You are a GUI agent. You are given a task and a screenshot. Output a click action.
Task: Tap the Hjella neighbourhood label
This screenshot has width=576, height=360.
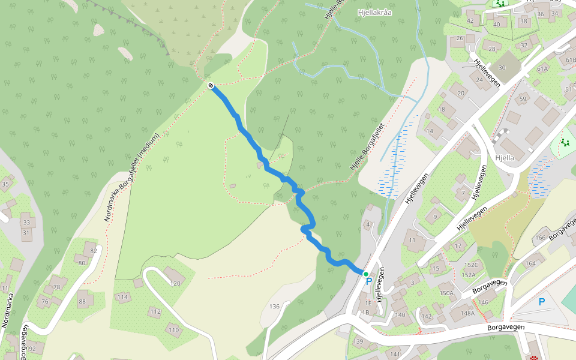(506, 158)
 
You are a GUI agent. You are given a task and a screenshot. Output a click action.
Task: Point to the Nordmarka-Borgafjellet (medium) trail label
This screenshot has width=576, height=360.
(132, 177)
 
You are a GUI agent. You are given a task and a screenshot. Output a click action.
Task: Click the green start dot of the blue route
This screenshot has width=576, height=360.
(365, 274)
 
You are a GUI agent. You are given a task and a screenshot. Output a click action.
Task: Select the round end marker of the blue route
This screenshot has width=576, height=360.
(211, 85)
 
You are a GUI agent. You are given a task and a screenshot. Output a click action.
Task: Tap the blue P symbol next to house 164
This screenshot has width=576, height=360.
(542, 302)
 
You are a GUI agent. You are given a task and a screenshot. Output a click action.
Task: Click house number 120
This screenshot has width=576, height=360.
(175, 283)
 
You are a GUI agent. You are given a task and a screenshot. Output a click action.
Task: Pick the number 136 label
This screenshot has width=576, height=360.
(275, 307)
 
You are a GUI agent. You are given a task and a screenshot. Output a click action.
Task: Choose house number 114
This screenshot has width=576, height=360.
(122, 297)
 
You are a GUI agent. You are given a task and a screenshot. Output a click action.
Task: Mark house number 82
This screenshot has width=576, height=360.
(93, 251)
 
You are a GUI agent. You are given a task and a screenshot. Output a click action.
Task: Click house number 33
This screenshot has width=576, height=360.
(26, 222)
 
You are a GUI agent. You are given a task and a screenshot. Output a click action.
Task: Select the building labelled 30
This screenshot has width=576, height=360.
(502, 68)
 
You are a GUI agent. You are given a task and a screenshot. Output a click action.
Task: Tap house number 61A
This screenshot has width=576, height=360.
(542, 68)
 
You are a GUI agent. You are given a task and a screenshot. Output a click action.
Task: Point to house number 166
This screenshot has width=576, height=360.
(541, 238)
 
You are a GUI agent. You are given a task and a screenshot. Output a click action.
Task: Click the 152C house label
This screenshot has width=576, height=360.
(471, 265)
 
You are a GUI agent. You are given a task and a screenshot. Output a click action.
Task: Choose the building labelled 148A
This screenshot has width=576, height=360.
(467, 313)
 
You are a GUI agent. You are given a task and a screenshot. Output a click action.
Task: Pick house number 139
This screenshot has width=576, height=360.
(358, 341)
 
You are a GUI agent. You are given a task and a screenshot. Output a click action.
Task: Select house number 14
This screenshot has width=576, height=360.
(430, 131)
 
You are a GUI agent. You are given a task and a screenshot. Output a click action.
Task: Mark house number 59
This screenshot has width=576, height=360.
(523, 99)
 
